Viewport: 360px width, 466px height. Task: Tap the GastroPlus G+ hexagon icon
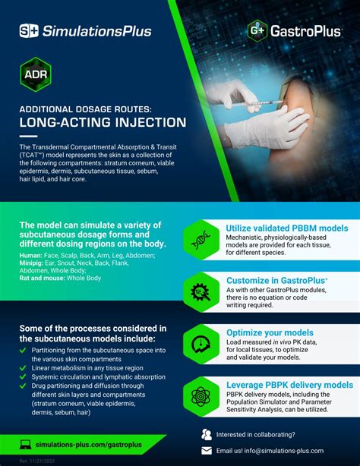257,30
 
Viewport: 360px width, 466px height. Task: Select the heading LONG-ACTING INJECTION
103,121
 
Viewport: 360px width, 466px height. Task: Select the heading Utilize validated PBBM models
287,228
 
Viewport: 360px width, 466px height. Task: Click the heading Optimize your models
270,332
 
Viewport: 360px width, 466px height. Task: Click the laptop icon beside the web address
27,442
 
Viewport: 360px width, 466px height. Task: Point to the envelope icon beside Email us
206,451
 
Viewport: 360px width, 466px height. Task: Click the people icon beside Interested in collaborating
206,435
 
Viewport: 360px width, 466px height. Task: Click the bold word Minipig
33,263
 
